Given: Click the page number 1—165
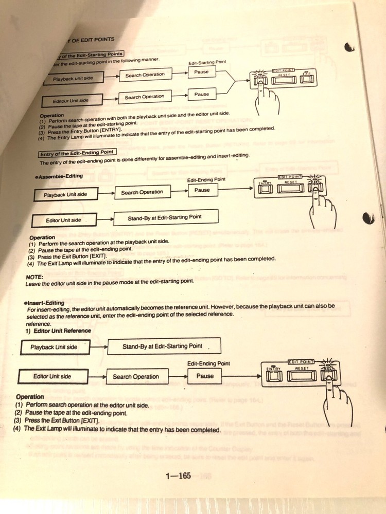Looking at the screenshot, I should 178,476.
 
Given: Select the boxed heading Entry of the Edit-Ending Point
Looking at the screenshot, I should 77,153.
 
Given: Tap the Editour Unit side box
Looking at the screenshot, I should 71,101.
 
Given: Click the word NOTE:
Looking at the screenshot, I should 34,275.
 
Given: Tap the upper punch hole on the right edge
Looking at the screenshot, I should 350,48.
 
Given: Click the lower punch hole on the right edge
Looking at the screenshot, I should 367,218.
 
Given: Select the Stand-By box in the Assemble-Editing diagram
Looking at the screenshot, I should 165,217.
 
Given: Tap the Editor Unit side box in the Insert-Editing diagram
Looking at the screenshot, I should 52,376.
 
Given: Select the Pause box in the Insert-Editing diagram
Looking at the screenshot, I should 205,376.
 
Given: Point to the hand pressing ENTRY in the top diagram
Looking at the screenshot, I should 264,92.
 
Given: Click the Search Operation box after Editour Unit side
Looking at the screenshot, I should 145,97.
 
